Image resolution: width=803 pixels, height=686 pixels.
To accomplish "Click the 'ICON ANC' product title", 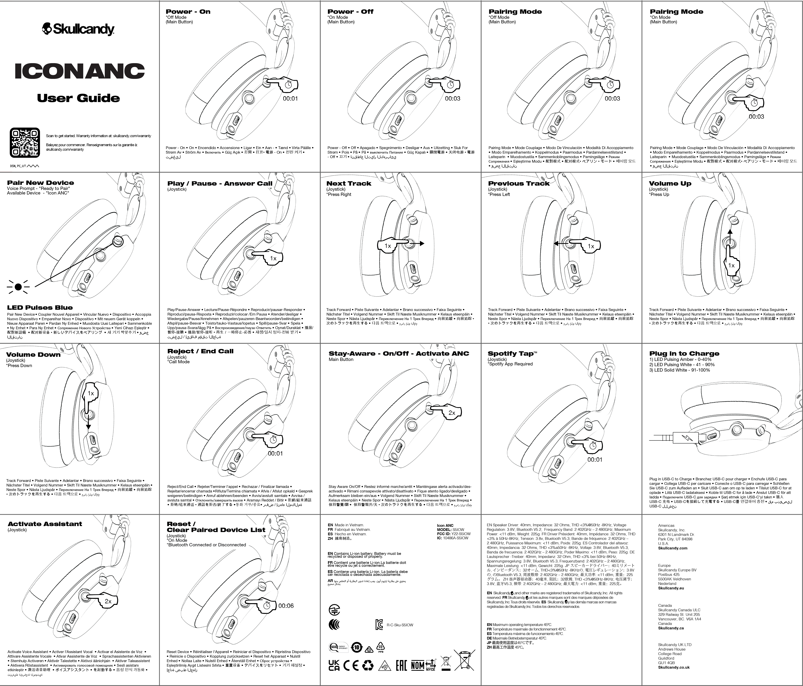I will pyautogui.click(x=79, y=71).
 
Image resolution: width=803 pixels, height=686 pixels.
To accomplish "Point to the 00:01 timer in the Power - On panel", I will pyautogui.click(x=290, y=98).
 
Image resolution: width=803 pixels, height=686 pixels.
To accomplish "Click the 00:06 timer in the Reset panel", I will pyautogui.click(x=286, y=606).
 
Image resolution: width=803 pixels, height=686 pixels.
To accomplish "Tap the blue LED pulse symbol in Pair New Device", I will pyautogui.click(x=18, y=287).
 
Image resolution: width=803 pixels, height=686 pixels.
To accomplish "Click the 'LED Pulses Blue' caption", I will pyautogui.click(x=40, y=307).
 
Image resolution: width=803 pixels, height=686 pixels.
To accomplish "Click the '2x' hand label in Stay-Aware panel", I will pyautogui.click(x=451, y=413).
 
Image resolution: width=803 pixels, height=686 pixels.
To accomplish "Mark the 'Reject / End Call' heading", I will pyautogui.click(x=200, y=351).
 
